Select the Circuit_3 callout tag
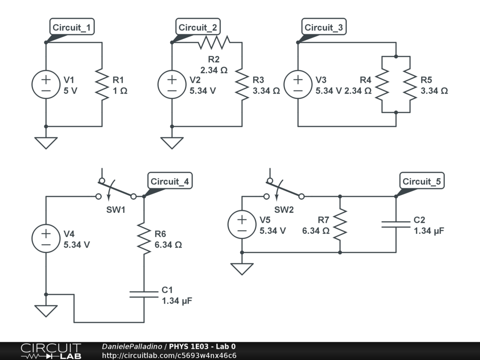[323, 28]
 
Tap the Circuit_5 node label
[421, 181]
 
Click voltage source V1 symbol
[46, 84]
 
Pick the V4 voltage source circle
[46, 239]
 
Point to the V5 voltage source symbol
[242, 225]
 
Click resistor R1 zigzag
[102, 84]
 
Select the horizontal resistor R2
[214, 43]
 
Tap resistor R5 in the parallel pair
[410, 84]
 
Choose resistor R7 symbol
[340, 225]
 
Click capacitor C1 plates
[144, 294]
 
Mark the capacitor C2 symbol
[396, 225]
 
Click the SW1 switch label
[115, 210]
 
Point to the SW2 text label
[284, 210]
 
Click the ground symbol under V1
[46, 142]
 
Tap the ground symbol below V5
[242, 269]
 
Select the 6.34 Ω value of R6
[168, 245]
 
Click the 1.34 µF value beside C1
[177, 301]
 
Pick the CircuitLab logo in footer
[51, 351]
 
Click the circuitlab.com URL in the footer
[169, 355]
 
